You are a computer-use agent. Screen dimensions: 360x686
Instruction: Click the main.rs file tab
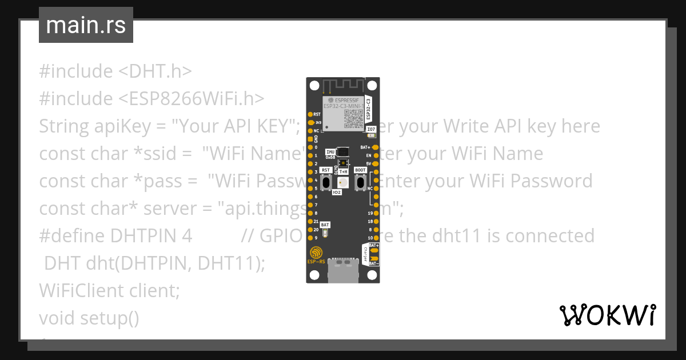tap(86, 25)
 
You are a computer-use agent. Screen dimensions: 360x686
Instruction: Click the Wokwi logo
tap(607, 315)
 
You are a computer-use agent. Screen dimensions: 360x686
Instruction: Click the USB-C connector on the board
tap(343, 273)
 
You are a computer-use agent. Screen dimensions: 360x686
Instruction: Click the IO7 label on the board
tap(371, 130)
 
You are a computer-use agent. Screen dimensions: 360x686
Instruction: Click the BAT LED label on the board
tap(325, 225)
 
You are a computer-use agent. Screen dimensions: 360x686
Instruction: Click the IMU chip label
tap(330, 151)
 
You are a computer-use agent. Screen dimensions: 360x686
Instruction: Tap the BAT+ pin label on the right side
tap(366, 147)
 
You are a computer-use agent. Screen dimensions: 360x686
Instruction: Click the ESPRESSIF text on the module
tap(345, 100)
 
